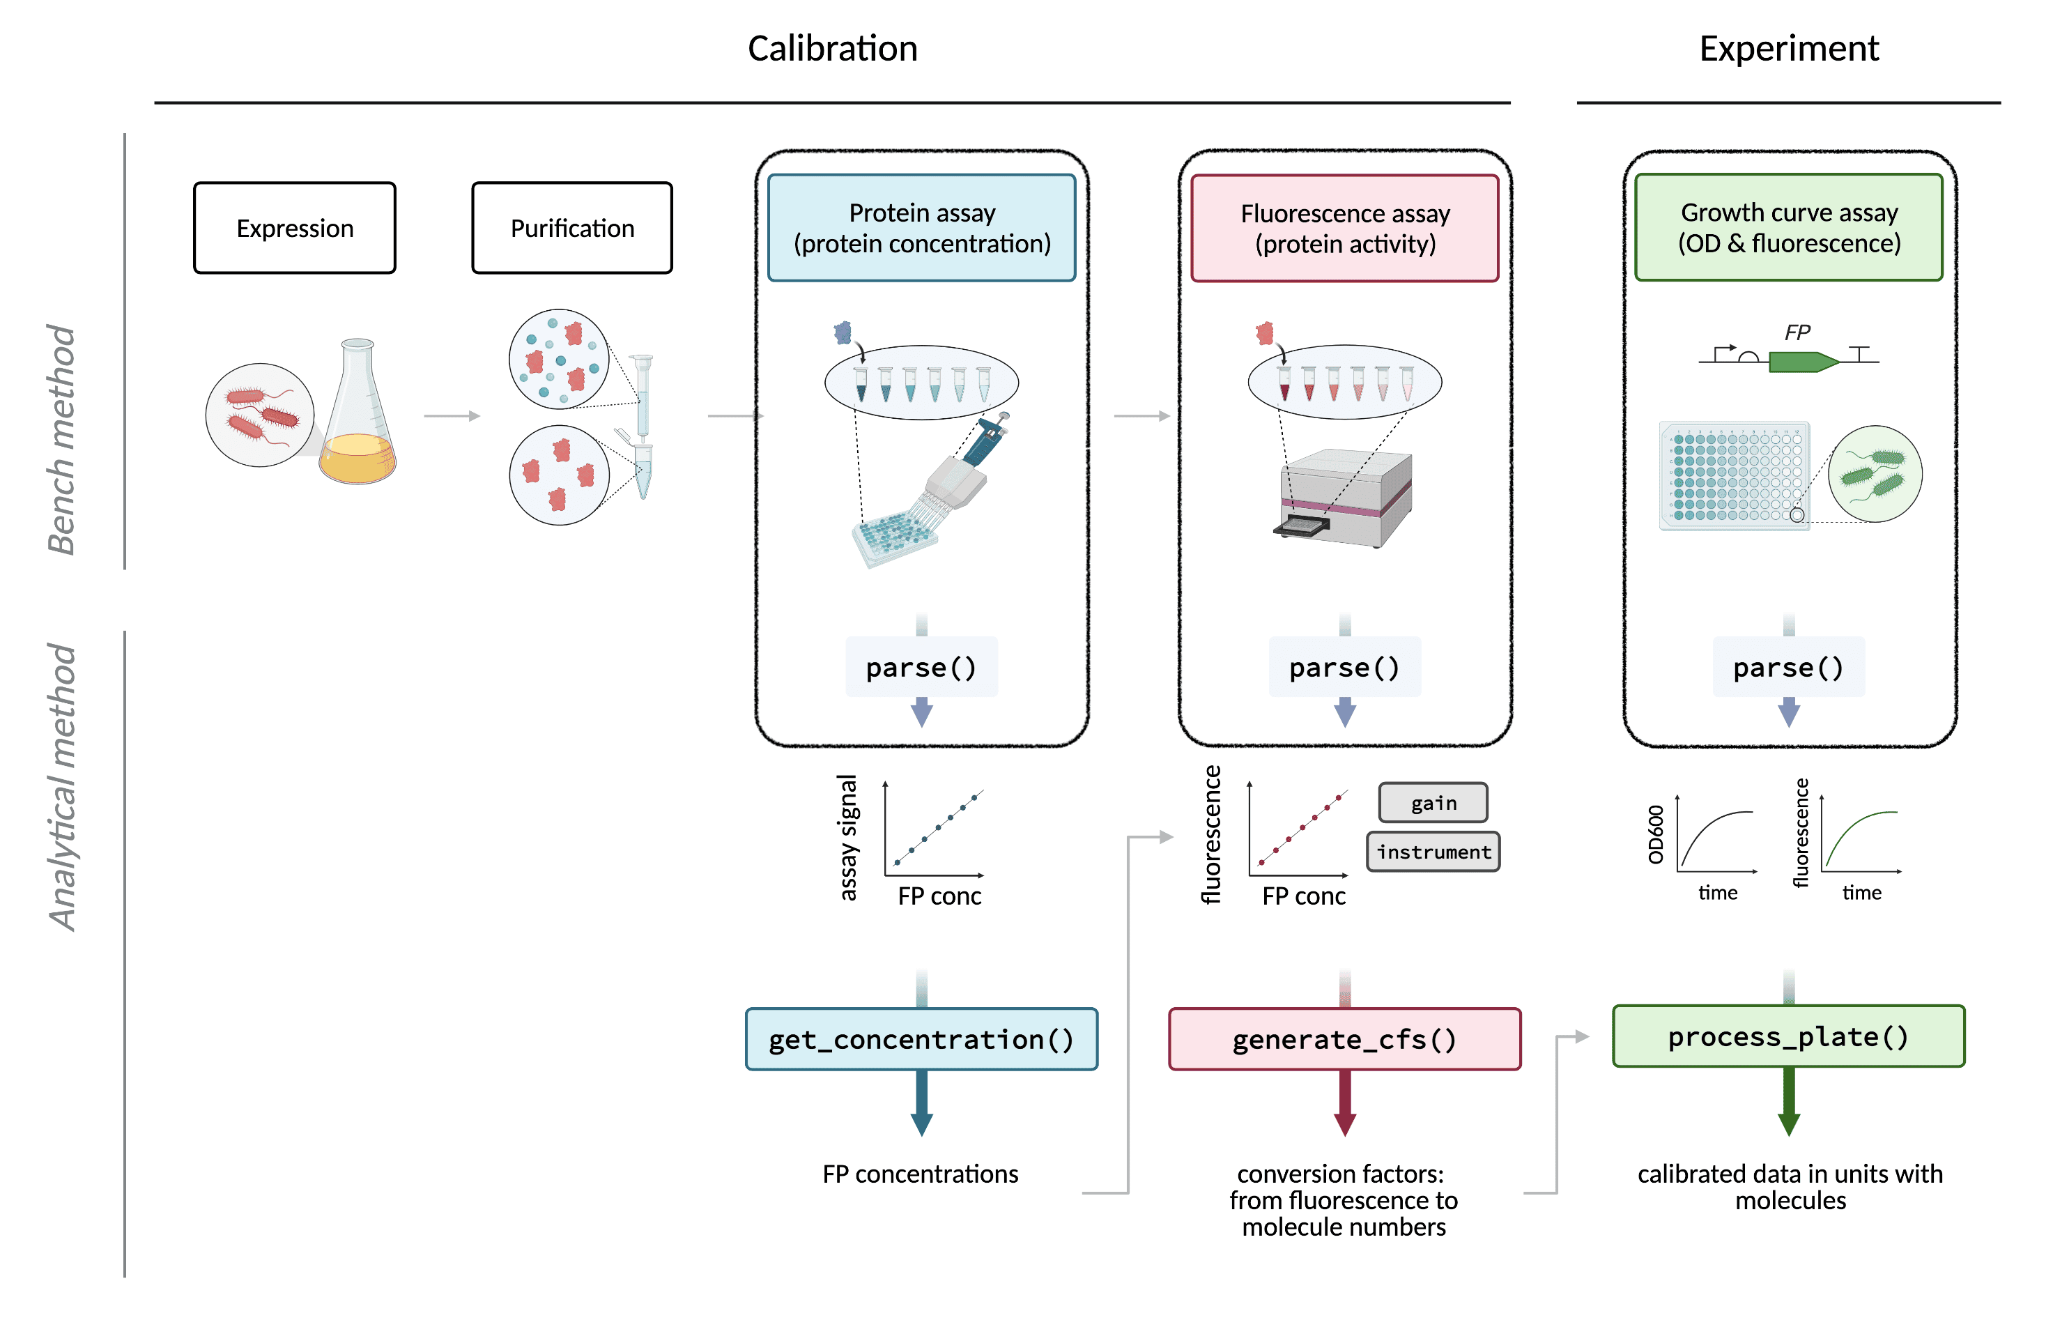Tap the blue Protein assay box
tap(922, 227)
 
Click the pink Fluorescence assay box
tap(1345, 227)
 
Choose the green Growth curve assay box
tap(1788, 227)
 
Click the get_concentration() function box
tap(922, 1039)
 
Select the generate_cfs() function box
tap(1345, 1039)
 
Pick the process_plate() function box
tap(1788, 1036)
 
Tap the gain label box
tap(1433, 803)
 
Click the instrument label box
tap(1433, 852)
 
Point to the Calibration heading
tap(832, 48)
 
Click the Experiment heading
tap(1788, 48)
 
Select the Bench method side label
tap(61, 440)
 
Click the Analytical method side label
tap(61, 788)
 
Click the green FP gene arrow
tap(1803, 362)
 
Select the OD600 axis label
tap(1656, 834)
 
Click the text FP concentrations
tap(920, 1174)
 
